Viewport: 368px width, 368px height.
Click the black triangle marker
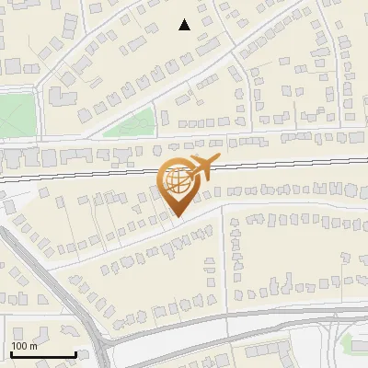[185, 25]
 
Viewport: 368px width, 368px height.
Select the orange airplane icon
[201, 168]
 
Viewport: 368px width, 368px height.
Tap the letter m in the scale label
[33, 346]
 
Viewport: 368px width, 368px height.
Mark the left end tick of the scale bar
[11, 352]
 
